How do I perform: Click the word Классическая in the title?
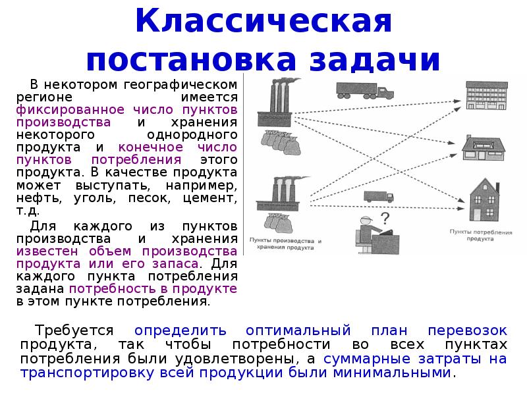pyautogui.click(x=263, y=21)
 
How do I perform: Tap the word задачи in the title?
pyautogui.click(x=375, y=60)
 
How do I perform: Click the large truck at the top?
pyautogui.click(x=365, y=91)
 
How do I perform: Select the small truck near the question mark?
pyautogui.click(x=379, y=196)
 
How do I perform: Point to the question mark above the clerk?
pyautogui.click(x=385, y=219)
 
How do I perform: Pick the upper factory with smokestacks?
pyautogui.click(x=275, y=103)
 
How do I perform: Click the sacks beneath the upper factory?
pyautogui.click(x=281, y=142)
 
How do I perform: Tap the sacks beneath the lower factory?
pyautogui.click(x=278, y=223)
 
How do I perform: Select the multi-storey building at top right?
pyautogui.click(x=487, y=95)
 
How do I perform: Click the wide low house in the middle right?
pyautogui.click(x=484, y=148)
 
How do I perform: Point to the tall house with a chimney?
pyautogui.click(x=484, y=199)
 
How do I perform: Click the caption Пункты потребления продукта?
pyautogui.click(x=481, y=236)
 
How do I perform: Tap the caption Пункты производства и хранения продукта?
pyautogui.click(x=285, y=244)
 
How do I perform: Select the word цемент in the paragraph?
pyautogui.click(x=210, y=198)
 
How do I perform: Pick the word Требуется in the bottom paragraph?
pyautogui.click(x=74, y=330)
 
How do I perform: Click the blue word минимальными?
pyautogui.click(x=392, y=373)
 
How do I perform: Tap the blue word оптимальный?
pyautogui.click(x=298, y=330)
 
